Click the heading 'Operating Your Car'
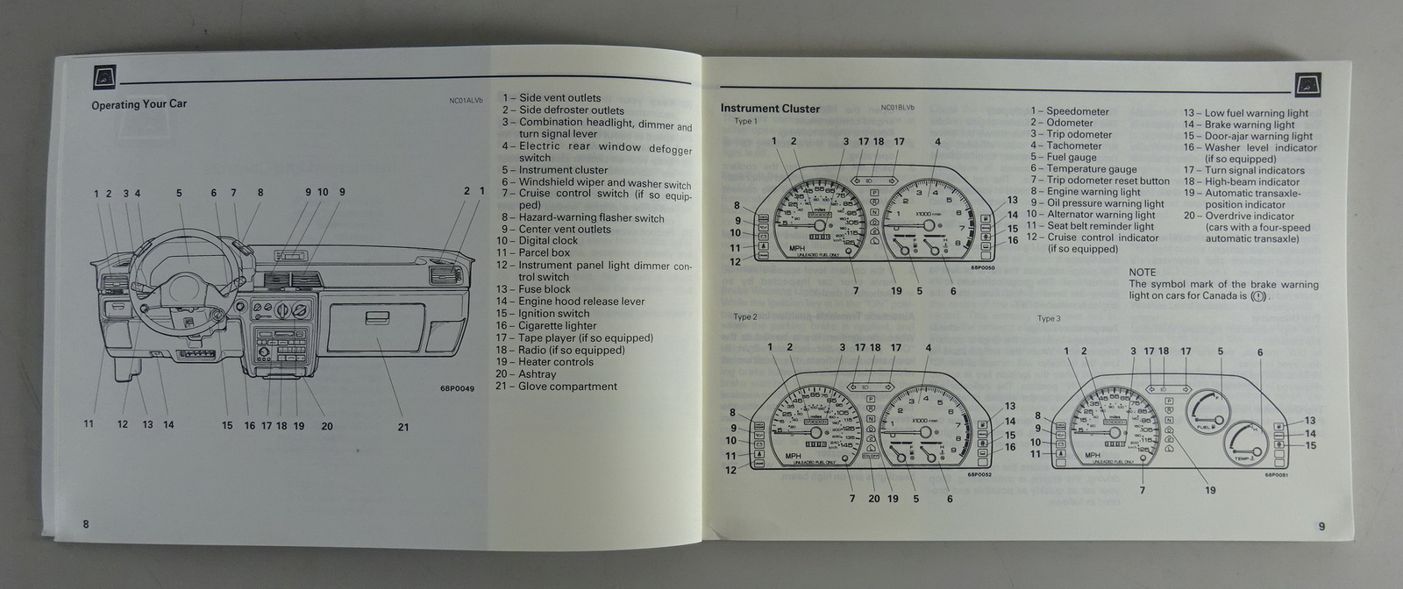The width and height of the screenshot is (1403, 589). pyautogui.click(x=139, y=104)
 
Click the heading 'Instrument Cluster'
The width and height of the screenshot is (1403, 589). pyautogui.click(x=770, y=109)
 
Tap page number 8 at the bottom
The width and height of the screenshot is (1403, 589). pyautogui.click(x=86, y=524)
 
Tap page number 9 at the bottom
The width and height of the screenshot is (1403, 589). pyautogui.click(x=1321, y=526)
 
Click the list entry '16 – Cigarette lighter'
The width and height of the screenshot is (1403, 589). pyautogui.click(x=545, y=325)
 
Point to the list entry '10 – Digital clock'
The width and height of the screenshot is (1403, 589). pyautogui.click(x=537, y=240)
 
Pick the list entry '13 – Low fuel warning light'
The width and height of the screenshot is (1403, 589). pyautogui.click(x=1245, y=113)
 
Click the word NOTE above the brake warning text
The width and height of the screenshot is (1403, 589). pyautogui.click(x=1142, y=273)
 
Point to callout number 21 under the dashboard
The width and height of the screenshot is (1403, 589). pyautogui.click(x=403, y=428)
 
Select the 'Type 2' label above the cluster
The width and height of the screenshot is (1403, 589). pyautogui.click(x=744, y=317)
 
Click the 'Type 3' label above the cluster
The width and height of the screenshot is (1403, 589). pyautogui.click(x=1049, y=319)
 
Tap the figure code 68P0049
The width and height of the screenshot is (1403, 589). pyautogui.click(x=457, y=388)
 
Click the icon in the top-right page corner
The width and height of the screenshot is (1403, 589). pyautogui.click(x=1307, y=83)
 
